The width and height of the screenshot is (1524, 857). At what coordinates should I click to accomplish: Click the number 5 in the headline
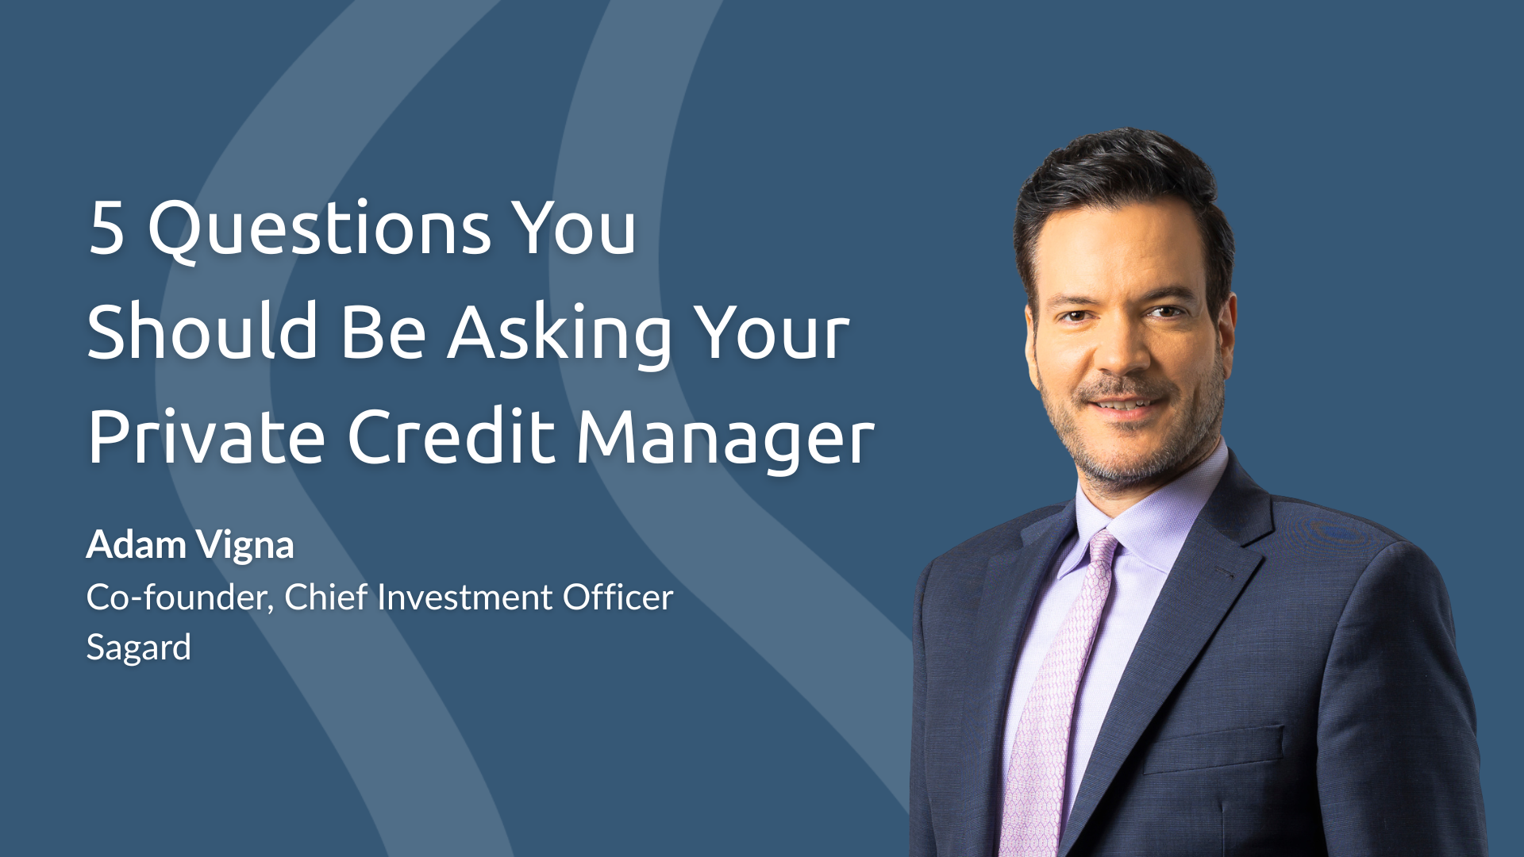tap(107, 228)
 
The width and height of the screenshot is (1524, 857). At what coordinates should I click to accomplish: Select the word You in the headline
tap(572, 228)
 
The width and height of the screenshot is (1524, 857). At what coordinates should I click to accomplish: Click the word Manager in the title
tap(725, 440)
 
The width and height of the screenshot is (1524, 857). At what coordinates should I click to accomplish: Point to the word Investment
tap(465, 597)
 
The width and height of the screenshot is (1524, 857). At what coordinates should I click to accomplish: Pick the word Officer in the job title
tap(618, 597)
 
